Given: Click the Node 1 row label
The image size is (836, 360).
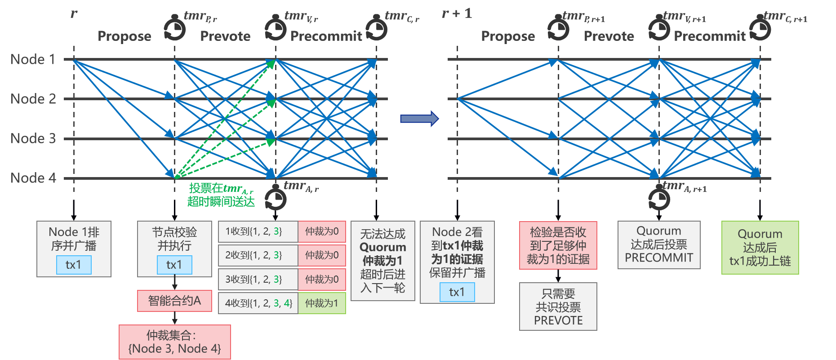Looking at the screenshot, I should [33, 59].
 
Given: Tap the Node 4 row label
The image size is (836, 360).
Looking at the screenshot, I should [33, 178].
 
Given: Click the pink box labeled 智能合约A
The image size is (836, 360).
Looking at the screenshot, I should [174, 301].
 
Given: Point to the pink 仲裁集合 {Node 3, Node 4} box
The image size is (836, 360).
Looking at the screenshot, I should [174, 342].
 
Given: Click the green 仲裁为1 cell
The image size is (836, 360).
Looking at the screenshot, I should [321, 303].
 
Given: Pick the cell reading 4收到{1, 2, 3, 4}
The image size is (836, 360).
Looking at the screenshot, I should [258, 303].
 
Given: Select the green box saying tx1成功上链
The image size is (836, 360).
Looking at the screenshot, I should [760, 248].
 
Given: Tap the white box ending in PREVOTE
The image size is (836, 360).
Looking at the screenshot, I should [558, 307].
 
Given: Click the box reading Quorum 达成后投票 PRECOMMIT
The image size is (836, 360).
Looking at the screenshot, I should [658, 244].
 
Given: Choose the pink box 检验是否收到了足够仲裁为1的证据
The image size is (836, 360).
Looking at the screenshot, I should [558, 245].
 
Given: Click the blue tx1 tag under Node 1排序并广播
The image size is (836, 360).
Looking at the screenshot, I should [74, 265].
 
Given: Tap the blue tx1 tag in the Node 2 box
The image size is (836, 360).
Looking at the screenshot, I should [457, 292].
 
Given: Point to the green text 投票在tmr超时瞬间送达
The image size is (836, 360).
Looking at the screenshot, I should [221, 195].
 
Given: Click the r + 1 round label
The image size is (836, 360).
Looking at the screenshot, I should [457, 13].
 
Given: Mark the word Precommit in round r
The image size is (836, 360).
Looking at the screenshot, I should [326, 36].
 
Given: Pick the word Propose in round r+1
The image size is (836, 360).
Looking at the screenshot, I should [508, 36].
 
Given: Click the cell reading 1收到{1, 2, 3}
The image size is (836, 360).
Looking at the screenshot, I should [258, 231].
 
